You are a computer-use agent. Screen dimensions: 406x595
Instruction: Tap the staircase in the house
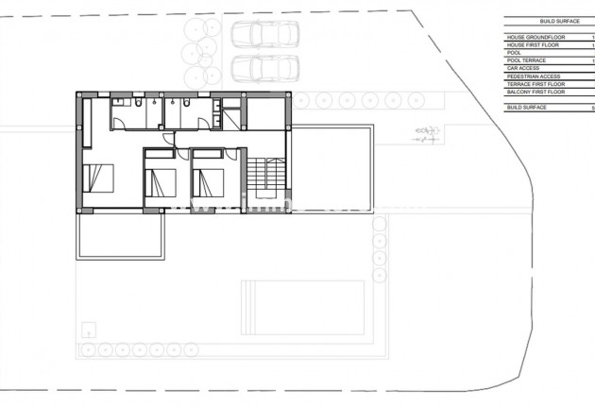[x=263, y=174]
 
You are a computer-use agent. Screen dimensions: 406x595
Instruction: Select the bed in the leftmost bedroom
[x=98, y=178]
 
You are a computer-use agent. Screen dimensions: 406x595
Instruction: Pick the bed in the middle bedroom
[x=161, y=180]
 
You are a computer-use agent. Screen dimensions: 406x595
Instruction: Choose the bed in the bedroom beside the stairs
[x=209, y=180]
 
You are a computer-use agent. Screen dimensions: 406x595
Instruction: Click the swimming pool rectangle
[x=303, y=306]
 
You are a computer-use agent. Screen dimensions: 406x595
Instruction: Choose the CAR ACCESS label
[x=524, y=68]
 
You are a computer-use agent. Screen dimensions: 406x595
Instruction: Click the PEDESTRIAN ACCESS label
[x=534, y=76]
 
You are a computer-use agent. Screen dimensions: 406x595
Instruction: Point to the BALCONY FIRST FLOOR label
[x=536, y=92]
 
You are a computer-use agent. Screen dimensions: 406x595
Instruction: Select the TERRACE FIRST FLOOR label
[x=535, y=84]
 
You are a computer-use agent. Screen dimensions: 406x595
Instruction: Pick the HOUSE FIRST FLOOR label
[x=533, y=44]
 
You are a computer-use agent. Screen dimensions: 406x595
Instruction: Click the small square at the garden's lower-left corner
[x=90, y=330]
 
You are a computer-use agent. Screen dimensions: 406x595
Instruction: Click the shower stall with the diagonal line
[x=229, y=120]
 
